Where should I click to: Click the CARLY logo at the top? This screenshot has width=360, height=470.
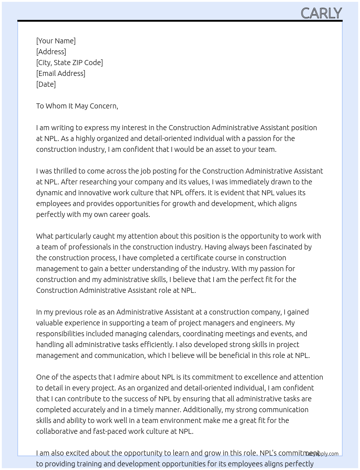(x=321, y=13)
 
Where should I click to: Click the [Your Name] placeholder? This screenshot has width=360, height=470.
(x=56, y=41)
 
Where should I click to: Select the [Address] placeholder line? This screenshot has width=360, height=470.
(x=51, y=52)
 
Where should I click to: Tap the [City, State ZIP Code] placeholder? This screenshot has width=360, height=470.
(x=69, y=63)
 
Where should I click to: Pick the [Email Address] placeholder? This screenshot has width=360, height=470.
(x=61, y=73)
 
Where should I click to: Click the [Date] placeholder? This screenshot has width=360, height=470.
(x=46, y=84)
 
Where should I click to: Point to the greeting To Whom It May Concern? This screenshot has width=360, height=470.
(x=77, y=106)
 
